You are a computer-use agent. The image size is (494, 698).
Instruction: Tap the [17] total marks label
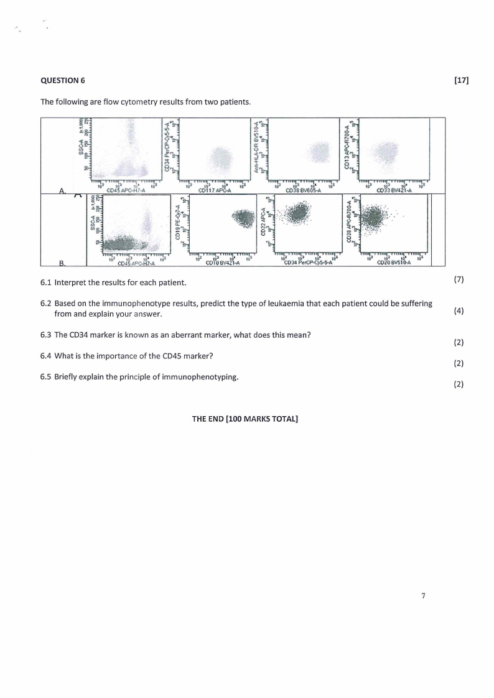[x=461, y=80]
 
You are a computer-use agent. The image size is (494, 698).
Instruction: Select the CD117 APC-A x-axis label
[x=214, y=190]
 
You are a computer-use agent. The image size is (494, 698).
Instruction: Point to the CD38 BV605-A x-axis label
[x=303, y=190]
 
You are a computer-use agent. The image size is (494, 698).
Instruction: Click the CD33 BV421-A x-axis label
[x=393, y=190]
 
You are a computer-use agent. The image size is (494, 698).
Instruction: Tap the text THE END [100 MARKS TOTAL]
[x=245, y=419]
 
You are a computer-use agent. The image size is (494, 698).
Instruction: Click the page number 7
[x=423, y=596]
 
